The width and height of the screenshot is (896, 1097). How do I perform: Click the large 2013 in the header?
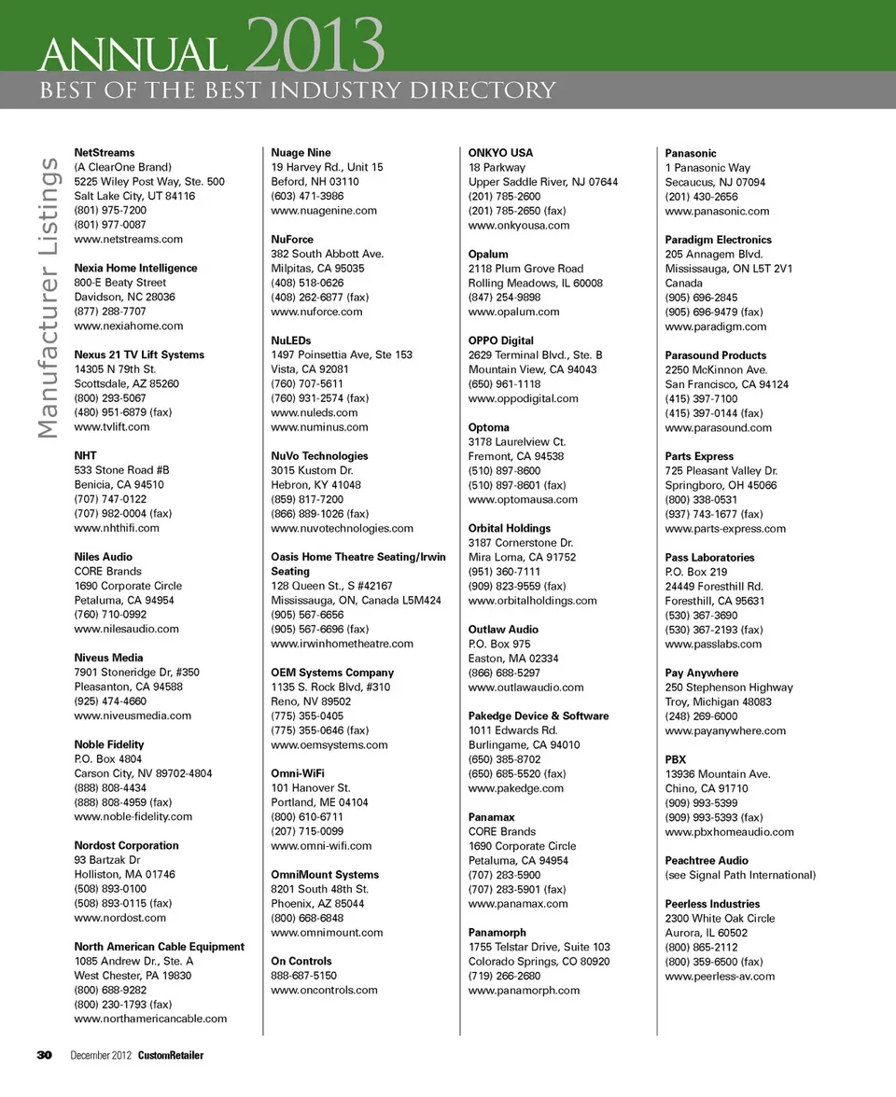point(317,45)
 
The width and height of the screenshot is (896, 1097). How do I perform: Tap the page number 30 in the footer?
point(44,1055)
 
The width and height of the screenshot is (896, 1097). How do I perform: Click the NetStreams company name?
point(104,152)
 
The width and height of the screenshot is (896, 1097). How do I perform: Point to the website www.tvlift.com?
point(111,427)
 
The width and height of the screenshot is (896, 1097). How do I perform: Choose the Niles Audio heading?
point(103,557)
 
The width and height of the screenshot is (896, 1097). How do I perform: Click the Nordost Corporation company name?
point(126,845)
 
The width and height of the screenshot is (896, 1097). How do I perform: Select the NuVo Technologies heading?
point(319,456)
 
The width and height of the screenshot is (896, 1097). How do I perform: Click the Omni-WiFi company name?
point(298,773)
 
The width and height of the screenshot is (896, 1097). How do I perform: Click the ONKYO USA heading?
point(500,152)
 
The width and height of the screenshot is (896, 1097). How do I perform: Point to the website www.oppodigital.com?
point(523,398)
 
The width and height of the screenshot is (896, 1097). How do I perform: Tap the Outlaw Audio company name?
point(503,630)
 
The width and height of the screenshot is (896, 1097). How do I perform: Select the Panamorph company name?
point(497,932)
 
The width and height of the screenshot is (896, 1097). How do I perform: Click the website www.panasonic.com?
point(717,211)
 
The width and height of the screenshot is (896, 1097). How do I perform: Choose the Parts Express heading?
point(699,456)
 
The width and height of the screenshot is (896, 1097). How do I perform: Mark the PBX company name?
point(675,759)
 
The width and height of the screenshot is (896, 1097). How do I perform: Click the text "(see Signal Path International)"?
point(740,875)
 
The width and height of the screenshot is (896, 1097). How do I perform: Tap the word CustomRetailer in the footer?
point(171,1055)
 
